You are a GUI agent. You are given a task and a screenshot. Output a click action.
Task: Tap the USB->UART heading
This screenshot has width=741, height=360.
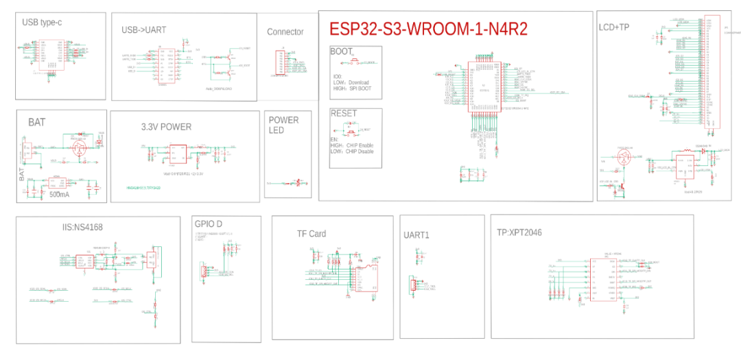(144, 30)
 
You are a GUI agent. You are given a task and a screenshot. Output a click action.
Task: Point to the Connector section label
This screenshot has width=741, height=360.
(285, 32)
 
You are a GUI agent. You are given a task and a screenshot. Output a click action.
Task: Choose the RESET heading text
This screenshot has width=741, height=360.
(344, 113)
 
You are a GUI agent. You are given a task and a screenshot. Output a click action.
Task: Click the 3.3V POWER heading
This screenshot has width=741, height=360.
(166, 127)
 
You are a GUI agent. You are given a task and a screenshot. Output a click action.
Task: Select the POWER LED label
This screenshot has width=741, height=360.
(284, 125)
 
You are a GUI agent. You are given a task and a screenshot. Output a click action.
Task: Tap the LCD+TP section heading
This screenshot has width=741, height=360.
(614, 27)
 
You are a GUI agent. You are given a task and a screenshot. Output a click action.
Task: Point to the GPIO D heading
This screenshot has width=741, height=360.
(209, 224)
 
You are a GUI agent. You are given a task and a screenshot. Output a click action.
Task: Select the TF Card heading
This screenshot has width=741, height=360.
(311, 234)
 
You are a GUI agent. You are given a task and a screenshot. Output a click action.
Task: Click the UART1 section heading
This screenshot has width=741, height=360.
(416, 235)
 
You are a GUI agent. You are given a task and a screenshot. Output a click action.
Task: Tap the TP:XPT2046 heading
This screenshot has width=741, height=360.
(519, 232)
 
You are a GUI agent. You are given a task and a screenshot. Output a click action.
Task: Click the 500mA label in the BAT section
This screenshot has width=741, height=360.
(60, 195)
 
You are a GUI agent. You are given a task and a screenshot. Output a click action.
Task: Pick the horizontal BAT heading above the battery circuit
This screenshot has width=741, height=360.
(36, 122)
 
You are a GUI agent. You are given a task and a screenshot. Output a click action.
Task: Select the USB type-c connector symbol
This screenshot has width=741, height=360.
(51, 54)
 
